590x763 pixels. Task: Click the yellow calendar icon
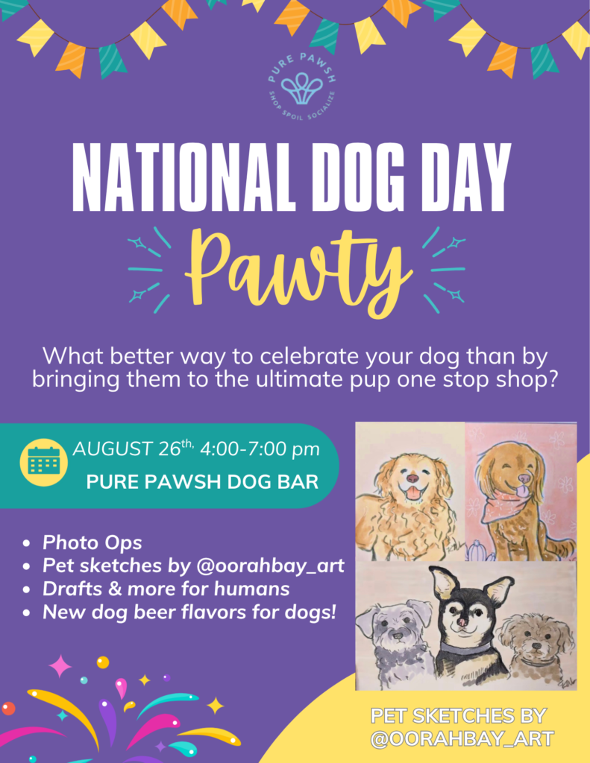(44, 462)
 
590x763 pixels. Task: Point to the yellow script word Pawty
(298, 273)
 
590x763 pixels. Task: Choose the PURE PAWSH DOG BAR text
(202, 482)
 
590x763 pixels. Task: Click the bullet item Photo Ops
(92, 542)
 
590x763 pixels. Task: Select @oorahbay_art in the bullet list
(271, 566)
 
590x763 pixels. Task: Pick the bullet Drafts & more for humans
(166, 589)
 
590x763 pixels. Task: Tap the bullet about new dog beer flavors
(189, 612)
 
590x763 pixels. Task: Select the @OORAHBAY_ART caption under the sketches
(462, 738)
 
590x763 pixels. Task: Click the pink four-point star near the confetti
(60, 666)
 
